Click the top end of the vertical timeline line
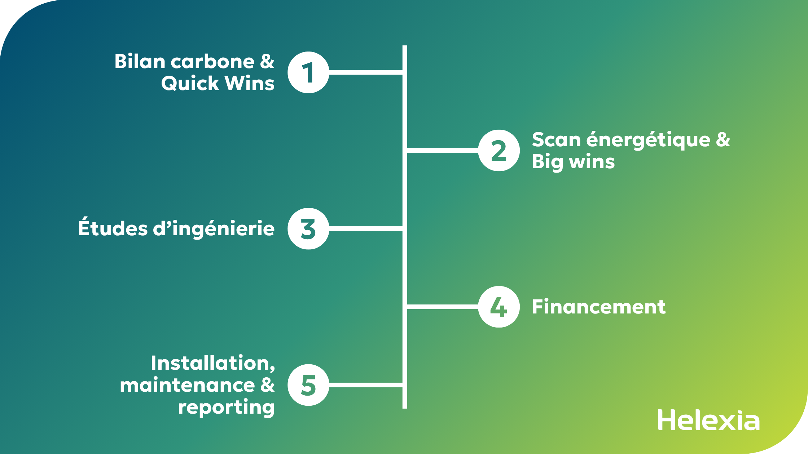tap(405, 46)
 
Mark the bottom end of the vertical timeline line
tap(405, 408)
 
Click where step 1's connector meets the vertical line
tap(405, 72)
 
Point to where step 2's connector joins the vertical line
tap(405, 150)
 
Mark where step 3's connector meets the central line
tap(405, 229)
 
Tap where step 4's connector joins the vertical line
tap(405, 307)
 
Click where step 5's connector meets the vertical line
tap(405, 385)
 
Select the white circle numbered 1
tap(308, 72)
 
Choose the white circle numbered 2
tap(499, 150)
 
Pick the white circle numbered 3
tap(308, 229)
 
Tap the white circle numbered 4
tap(499, 307)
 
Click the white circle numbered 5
tap(308, 385)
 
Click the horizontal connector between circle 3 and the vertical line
tap(366, 229)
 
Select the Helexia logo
tap(708, 420)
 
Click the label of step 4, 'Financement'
tap(599, 307)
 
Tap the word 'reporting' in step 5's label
tap(226, 408)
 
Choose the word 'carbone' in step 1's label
tap(213, 62)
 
